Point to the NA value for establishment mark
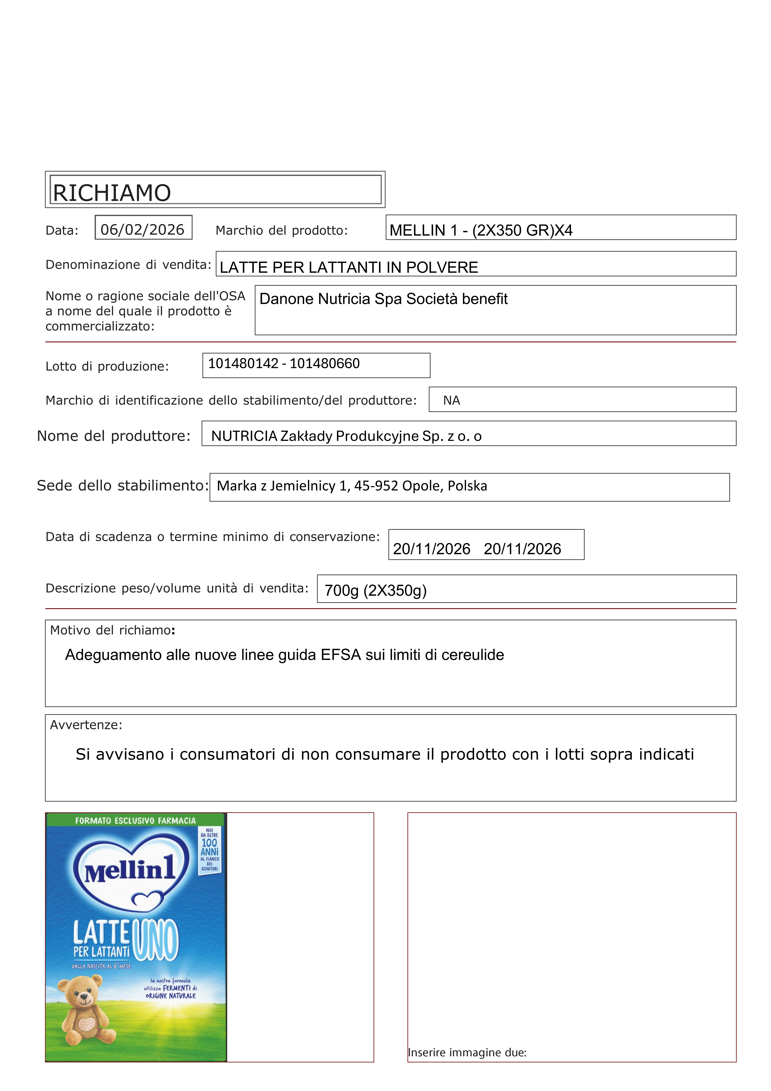[x=451, y=401]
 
